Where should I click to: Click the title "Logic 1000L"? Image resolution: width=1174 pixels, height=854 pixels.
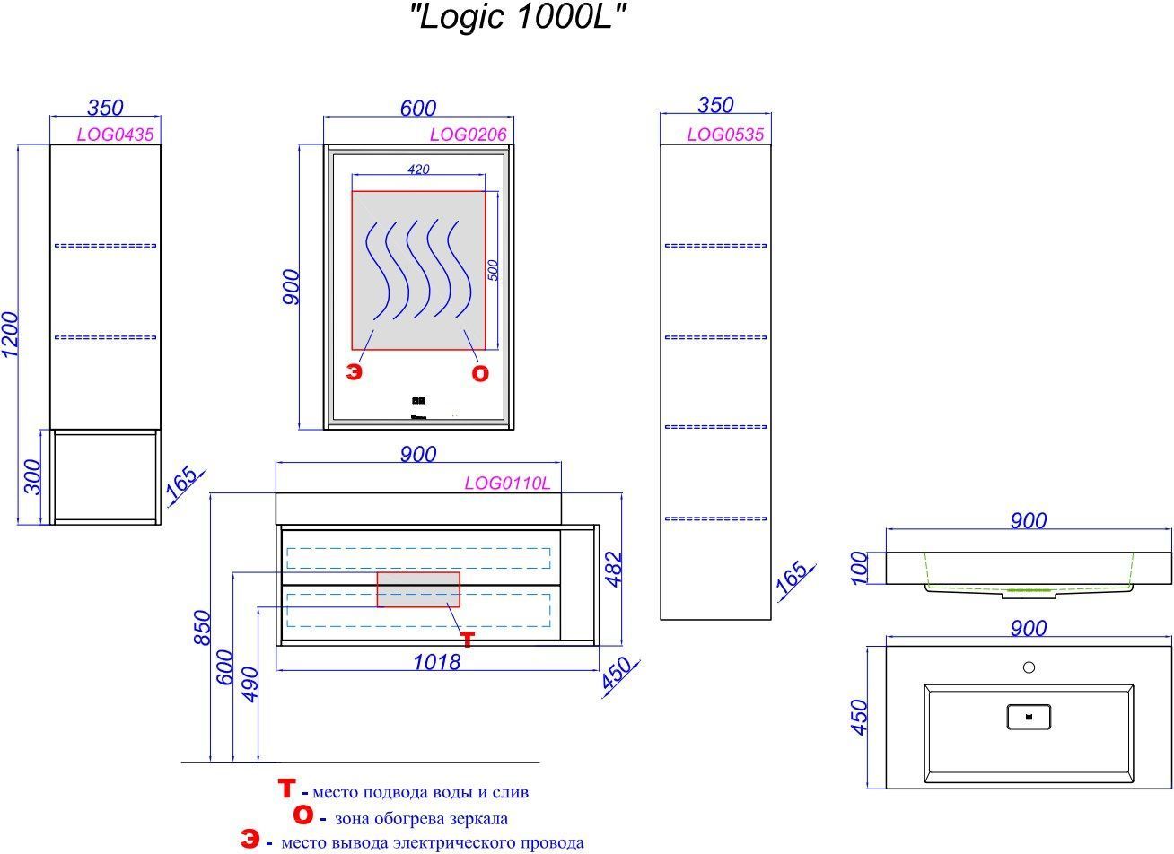pos(517,19)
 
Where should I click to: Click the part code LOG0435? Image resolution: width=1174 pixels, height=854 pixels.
pos(116,135)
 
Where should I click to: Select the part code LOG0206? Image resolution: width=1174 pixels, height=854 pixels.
pos(468,135)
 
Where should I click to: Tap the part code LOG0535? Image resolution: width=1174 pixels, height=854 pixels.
pos(724,135)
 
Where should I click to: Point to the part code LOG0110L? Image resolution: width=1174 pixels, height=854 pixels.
pos(507,484)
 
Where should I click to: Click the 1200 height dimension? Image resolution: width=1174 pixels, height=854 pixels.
pos(10,335)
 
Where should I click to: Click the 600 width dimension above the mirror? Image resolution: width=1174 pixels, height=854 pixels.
pos(418,108)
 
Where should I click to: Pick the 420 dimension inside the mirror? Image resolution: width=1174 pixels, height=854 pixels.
pos(418,170)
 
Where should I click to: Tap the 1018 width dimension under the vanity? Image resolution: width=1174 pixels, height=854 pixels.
pos(436,663)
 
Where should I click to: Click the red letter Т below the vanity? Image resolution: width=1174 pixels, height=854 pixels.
pos(467,639)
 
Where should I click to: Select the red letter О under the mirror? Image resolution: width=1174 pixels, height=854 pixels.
pos(480,374)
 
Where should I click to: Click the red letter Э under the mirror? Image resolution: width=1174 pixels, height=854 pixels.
pos(355,372)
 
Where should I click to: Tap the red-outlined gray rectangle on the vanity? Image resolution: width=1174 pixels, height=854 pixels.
pos(418,589)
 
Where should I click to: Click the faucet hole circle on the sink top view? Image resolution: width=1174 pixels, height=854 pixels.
pos(1029,667)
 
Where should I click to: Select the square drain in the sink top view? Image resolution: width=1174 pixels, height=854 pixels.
pos(1029,716)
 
